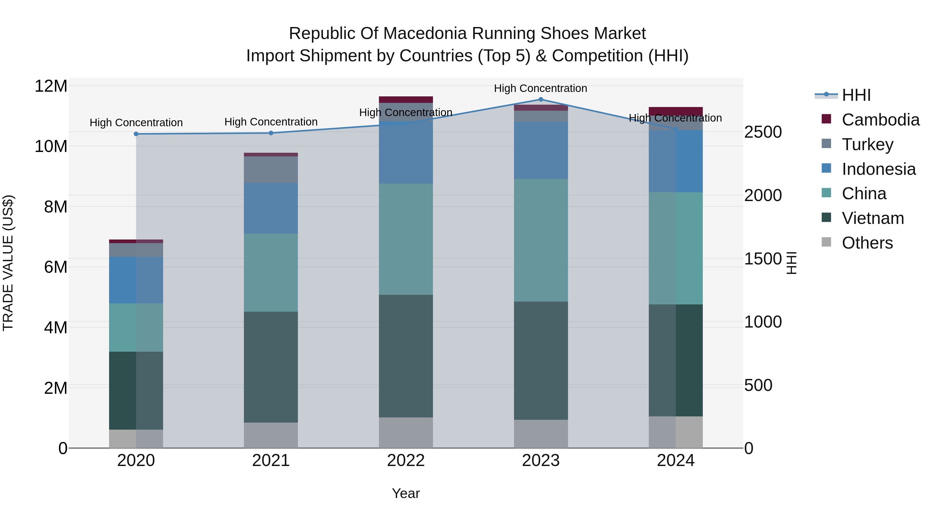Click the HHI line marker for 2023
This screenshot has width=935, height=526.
click(x=540, y=99)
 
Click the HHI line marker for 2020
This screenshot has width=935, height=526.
click(x=136, y=134)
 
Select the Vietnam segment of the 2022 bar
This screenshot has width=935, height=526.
click(x=406, y=356)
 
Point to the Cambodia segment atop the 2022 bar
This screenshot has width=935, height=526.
click(x=406, y=99)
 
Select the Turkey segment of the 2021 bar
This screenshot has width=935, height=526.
click(x=271, y=170)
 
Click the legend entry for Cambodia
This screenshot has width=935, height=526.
click(x=880, y=120)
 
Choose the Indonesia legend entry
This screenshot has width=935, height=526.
click(x=878, y=169)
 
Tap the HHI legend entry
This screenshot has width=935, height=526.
click(x=856, y=95)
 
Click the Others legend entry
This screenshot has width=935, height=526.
click(x=866, y=243)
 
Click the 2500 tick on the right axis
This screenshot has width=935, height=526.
click(x=763, y=132)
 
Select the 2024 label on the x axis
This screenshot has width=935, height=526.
click(x=676, y=461)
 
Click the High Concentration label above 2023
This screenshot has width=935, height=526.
click(x=540, y=88)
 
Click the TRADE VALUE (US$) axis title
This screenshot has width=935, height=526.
click(x=8, y=263)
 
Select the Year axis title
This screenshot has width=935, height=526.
click(x=406, y=493)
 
